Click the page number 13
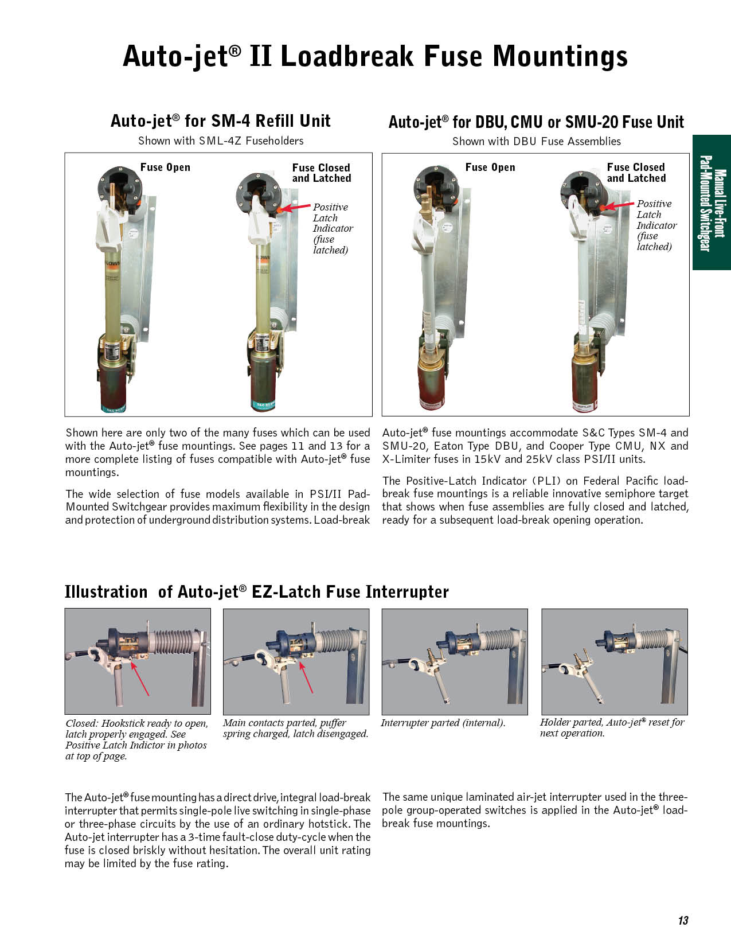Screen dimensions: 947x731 click(683, 921)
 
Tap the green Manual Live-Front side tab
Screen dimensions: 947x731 click(712, 202)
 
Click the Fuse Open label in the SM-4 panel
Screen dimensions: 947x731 click(165, 167)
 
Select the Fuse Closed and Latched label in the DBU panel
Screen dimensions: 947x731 click(636, 173)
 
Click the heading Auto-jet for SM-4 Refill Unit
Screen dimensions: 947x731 click(220, 121)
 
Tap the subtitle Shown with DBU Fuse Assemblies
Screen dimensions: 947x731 click(536, 141)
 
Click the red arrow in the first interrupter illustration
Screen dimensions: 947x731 click(140, 679)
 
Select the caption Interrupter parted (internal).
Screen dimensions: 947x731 click(443, 723)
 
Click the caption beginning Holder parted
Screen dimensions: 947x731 click(612, 727)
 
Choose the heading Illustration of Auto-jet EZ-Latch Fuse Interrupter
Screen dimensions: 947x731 click(256, 592)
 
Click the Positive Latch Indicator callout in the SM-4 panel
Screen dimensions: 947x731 click(333, 228)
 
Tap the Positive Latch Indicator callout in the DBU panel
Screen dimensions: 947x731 click(656, 225)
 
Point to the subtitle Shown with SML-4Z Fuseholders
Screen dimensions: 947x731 click(221, 141)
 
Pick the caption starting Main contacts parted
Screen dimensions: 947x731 click(295, 728)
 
